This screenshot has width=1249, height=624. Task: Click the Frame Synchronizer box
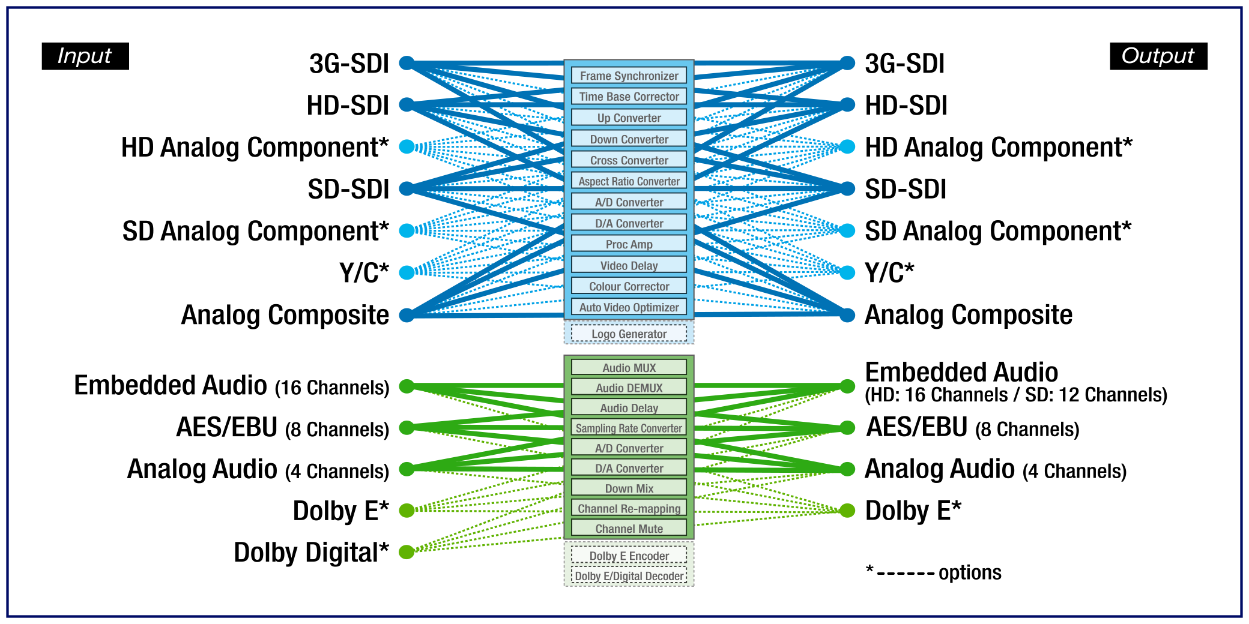click(629, 76)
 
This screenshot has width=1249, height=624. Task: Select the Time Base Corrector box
click(629, 97)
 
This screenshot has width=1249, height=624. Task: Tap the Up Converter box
click(629, 118)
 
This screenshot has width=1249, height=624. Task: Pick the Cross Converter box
click(629, 160)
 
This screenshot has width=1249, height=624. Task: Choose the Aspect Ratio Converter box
click(629, 181)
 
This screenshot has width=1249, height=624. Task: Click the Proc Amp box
click(629, 244)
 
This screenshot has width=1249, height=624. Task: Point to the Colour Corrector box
click(629, 286)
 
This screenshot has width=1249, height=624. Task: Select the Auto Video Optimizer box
click(629, 307)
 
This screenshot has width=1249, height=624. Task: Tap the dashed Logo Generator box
click(629, 334)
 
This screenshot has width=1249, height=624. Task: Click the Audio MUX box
click(629, 368)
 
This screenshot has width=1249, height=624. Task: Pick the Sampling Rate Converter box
click(629, 428)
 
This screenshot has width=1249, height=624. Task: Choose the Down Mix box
click(629, 488)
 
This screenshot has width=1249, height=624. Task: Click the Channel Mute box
click(629, 529)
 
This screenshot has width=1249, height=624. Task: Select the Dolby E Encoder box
click(629, 556)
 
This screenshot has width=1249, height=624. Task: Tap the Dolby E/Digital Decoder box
click(629, 576)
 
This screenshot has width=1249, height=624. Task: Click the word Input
click(84, 56)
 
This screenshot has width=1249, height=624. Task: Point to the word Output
click(1157, 56)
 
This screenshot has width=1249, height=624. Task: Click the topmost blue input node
click(407, 63)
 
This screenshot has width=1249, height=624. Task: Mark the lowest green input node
click(407, 552)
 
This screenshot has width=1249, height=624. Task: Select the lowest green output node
click(847, 511)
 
